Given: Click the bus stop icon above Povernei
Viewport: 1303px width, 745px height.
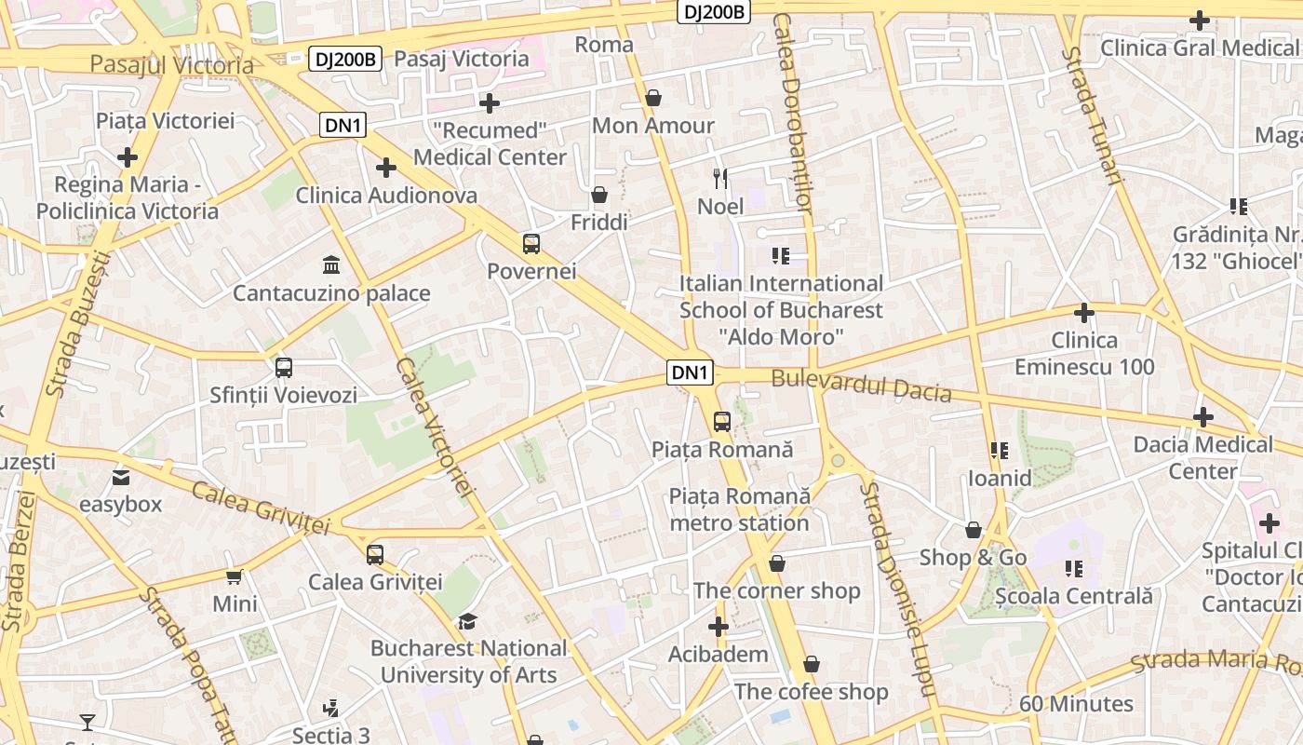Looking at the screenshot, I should (x=531, y=244).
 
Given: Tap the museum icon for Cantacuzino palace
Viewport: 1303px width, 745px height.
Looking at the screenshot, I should (x=330, y=265).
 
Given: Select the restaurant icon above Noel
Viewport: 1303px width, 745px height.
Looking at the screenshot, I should (x=720, y=178).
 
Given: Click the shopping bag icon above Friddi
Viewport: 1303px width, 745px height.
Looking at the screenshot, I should (x=599, y=195).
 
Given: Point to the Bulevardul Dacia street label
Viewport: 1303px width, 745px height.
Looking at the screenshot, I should (x=861, y=386).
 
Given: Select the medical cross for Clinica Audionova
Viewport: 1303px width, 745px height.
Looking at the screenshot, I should (x=385, y=168).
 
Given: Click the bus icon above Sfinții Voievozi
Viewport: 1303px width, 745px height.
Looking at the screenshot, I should (x=283, y=367).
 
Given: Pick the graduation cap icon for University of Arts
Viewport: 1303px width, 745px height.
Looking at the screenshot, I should (x=467, y=621).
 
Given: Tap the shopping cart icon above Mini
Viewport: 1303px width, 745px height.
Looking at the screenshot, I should (x=235, y=576).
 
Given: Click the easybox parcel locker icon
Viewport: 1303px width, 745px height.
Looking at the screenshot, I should (x=120, y=478).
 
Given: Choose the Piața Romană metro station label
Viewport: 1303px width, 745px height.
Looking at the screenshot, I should (x=740, y=509).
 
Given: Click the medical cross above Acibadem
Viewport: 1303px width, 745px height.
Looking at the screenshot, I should (x=718, y=627).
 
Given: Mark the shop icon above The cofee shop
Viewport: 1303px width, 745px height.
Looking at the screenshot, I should (x=811, y=664).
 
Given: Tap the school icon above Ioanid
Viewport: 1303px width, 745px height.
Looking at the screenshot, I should (x=1000, y=451).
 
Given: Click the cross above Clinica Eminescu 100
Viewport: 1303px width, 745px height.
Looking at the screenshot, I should (x=1083, y=313).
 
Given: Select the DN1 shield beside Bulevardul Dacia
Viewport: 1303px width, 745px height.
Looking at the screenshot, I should (x=691, y=372).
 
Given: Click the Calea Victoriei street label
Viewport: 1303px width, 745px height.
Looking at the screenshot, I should (x=435, y=427).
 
